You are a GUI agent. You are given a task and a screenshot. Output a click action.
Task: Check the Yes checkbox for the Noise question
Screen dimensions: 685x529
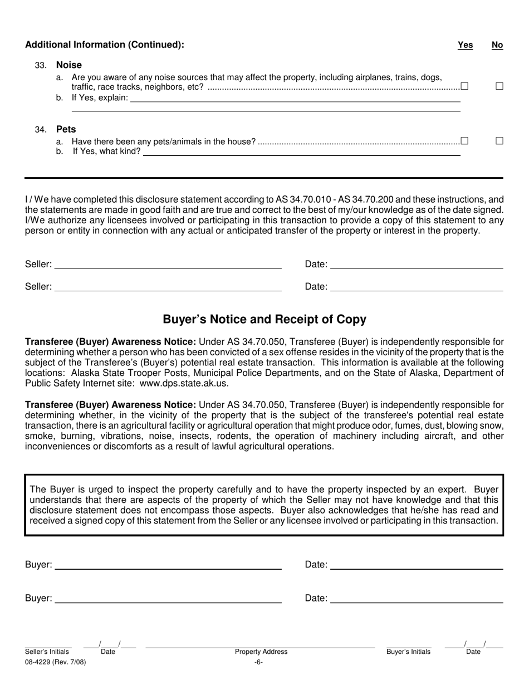pyautogui.click(x=464, y=86)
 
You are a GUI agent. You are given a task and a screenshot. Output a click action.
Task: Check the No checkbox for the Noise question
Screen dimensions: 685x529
pyautogui.click(x=499, y=86)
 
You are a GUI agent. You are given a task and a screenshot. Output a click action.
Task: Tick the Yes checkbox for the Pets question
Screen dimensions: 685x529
pyautogui.click(x=464, y=141)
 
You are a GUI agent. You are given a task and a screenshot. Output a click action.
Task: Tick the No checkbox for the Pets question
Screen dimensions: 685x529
pyautogui.click(x=499, y=141)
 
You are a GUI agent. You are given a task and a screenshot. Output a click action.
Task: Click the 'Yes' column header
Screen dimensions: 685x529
pyautogui.click(x=465, y=45)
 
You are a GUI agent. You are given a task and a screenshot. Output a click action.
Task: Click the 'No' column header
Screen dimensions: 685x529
pyautogui.click(x=497, y=45)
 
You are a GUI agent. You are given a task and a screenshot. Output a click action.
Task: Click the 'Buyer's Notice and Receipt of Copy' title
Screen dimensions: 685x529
pyautogui.click(x=264, y=319)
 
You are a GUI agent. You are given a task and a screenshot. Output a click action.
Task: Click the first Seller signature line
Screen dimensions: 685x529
pyautogui.click(x=168, y=265)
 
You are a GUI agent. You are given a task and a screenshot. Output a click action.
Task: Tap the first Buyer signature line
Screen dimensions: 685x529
pyautogui.click(x=168, y=565)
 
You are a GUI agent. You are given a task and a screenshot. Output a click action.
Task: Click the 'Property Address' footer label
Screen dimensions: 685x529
pyautogui.click(x=261, y=652)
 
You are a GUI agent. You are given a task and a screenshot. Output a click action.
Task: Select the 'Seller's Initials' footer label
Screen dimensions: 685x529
pyautogui.click(x=47, y=652)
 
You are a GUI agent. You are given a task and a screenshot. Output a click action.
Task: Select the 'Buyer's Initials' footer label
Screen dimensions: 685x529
pyautogui.click(x=409, y=652)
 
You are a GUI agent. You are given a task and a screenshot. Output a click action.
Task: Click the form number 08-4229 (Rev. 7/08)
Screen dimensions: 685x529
pyautogui.click(x=56, y=662)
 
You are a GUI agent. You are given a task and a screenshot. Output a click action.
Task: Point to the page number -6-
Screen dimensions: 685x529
pyautogui.click(x=258, y=662)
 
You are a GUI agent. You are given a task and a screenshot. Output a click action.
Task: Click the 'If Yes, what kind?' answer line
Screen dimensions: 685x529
pyautogui.click(x=301, y=152)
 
